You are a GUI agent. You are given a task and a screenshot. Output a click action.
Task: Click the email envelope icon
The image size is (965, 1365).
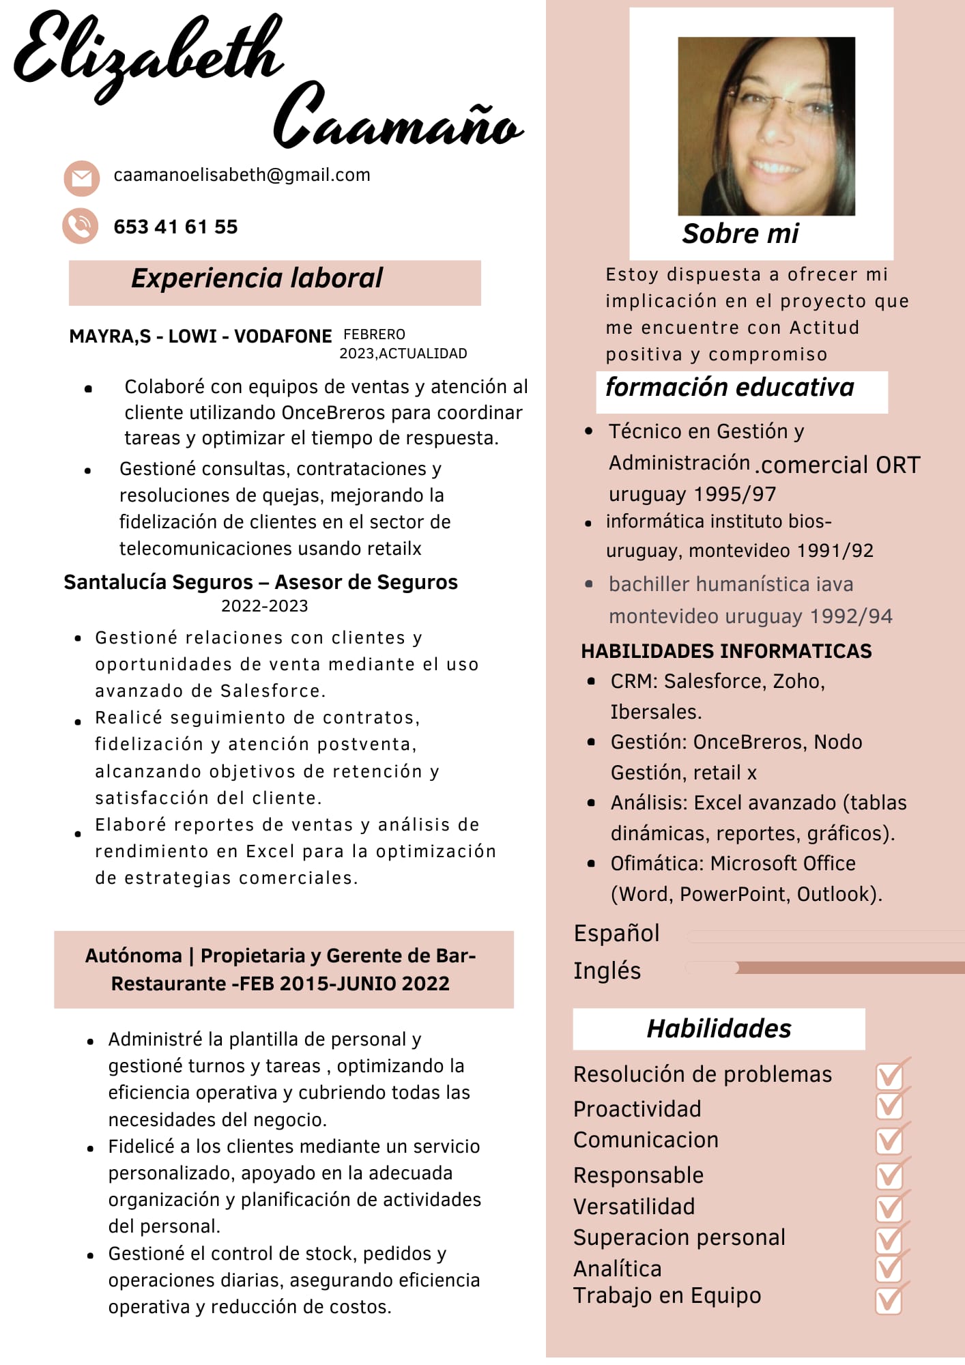tap(81, 179)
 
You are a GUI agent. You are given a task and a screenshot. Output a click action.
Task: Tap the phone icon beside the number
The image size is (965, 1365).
tap(81, 226)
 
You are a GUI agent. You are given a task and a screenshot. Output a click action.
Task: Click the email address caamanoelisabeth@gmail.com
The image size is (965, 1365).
tap(242, 175)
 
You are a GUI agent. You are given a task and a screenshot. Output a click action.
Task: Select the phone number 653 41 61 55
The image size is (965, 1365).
tap(175, 227)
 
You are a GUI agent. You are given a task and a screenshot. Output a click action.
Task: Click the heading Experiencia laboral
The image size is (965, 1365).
tap(257, 278)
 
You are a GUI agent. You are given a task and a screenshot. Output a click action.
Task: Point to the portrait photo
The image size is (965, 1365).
tap(766, 126)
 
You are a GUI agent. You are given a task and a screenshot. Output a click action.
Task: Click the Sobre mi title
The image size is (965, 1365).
tap(740, 234)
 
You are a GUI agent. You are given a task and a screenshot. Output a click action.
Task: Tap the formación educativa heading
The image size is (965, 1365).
tap(730, 388)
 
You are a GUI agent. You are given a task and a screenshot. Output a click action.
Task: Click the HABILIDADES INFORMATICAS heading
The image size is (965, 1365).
tap(726, 651)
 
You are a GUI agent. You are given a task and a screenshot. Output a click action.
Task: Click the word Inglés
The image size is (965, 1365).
tap(607, 971)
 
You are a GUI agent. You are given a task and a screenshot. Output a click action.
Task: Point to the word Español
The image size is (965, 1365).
tap(616, 933)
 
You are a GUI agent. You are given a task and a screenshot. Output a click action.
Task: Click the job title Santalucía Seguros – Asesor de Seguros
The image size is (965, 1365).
tap(260, 582)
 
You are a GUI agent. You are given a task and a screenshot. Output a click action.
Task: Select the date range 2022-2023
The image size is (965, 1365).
tap(264, 606)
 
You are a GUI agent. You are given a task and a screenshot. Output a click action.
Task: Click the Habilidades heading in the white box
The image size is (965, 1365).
tap(719, 1029)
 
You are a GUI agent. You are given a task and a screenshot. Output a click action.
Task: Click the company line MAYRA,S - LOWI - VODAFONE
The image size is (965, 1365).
tap(200, 336)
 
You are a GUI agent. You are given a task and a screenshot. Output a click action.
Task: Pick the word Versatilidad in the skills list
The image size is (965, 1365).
tap(634, 1207)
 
